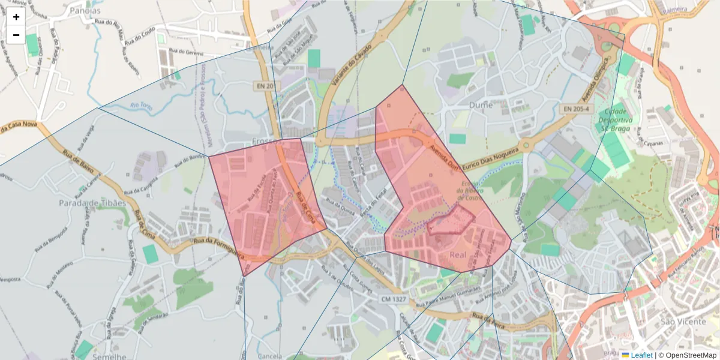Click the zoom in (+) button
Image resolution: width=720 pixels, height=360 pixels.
pos(16,17)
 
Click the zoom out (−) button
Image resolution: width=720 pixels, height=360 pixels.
pos(16,35)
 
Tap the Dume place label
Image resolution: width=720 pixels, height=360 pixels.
pos(481,105)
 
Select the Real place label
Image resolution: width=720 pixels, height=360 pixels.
pos(458,255)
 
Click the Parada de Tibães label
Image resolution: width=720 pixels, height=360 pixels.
pos(93,203)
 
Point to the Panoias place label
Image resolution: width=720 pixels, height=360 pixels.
pos(85,10)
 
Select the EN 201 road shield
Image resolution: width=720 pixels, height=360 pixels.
pos(266,86)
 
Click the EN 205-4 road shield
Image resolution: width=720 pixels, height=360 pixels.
pos(575,109)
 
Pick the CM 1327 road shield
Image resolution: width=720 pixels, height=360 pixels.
pos(394,298)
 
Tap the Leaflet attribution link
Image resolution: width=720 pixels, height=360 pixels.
pos(641,355)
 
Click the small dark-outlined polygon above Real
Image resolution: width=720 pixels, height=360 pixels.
pos(451,221)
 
